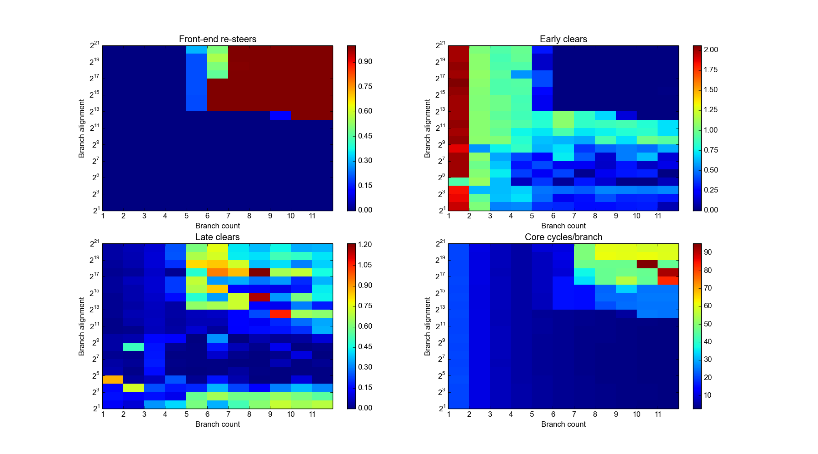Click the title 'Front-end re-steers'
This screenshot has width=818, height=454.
click(x=217, y=39)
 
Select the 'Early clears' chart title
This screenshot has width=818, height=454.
click(x=563, y=39)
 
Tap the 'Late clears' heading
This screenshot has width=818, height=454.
click(x=217, y=237)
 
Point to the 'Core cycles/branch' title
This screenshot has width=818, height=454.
click(x=563, y=237)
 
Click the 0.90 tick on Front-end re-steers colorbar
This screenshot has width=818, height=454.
click(x=365, y=62)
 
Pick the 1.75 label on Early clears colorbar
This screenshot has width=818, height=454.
click(x=711, y=70)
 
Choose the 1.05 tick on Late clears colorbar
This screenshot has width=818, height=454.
click(x=365, y=265)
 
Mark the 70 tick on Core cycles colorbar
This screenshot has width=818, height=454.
click(x=708, y=288)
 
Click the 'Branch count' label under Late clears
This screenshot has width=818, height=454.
click(x=217, y=424)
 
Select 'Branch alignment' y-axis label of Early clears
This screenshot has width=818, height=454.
click(x=427, y=128)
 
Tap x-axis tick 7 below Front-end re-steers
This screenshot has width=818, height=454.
click(x=228, y=216)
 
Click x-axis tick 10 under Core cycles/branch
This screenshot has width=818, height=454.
click(x=637, y=414)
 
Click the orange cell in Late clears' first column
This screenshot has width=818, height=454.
click(x=113, y=380)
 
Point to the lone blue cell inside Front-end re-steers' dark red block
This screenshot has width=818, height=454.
click(x=280, y=116)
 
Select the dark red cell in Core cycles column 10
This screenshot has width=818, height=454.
click(x=647, y=264)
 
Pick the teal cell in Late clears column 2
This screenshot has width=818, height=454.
click(x=134, y=347)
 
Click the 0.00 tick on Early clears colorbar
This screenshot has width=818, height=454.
click(x=711, y=210)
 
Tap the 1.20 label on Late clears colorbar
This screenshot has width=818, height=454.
click(x=365, y=245)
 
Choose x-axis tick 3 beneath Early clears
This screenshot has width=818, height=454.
click(x=490, y=216)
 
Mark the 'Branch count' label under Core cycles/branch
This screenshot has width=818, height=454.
click(x=563, y=424)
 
